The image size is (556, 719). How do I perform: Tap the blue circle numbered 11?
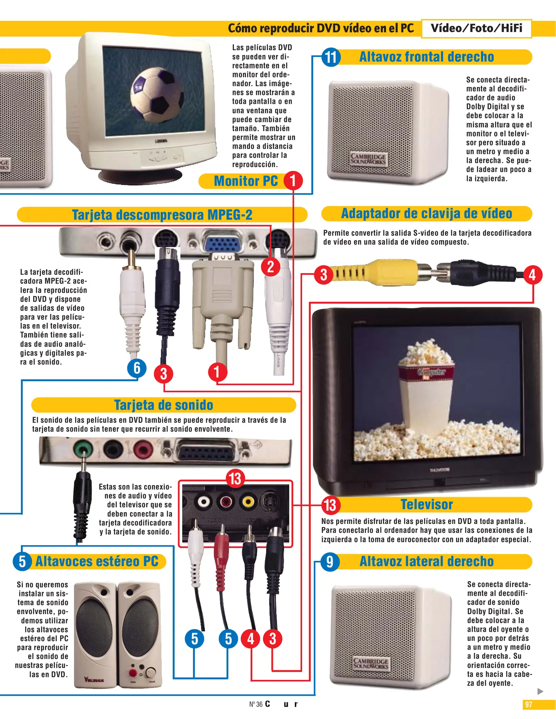(331, 57)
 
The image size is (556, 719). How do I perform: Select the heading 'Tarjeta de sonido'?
(163, 405)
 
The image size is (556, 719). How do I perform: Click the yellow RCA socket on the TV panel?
(248, 501)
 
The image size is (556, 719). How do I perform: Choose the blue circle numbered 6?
(137, 368)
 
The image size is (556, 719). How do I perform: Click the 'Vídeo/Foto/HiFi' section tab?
(476, 28)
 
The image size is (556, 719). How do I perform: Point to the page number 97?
(528, 704)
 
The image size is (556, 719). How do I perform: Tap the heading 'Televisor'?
(427, 505)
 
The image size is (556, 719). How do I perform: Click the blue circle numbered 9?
(330, 562)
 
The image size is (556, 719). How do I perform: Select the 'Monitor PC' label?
(246, 181)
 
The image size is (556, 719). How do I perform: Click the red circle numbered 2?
(271, 267)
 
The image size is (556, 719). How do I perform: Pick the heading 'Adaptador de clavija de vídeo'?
(427, 214)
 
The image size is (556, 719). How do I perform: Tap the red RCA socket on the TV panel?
(226, 501)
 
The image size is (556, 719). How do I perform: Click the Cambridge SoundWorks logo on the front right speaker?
(368, 159)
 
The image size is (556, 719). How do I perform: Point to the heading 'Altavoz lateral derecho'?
(427, 562)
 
